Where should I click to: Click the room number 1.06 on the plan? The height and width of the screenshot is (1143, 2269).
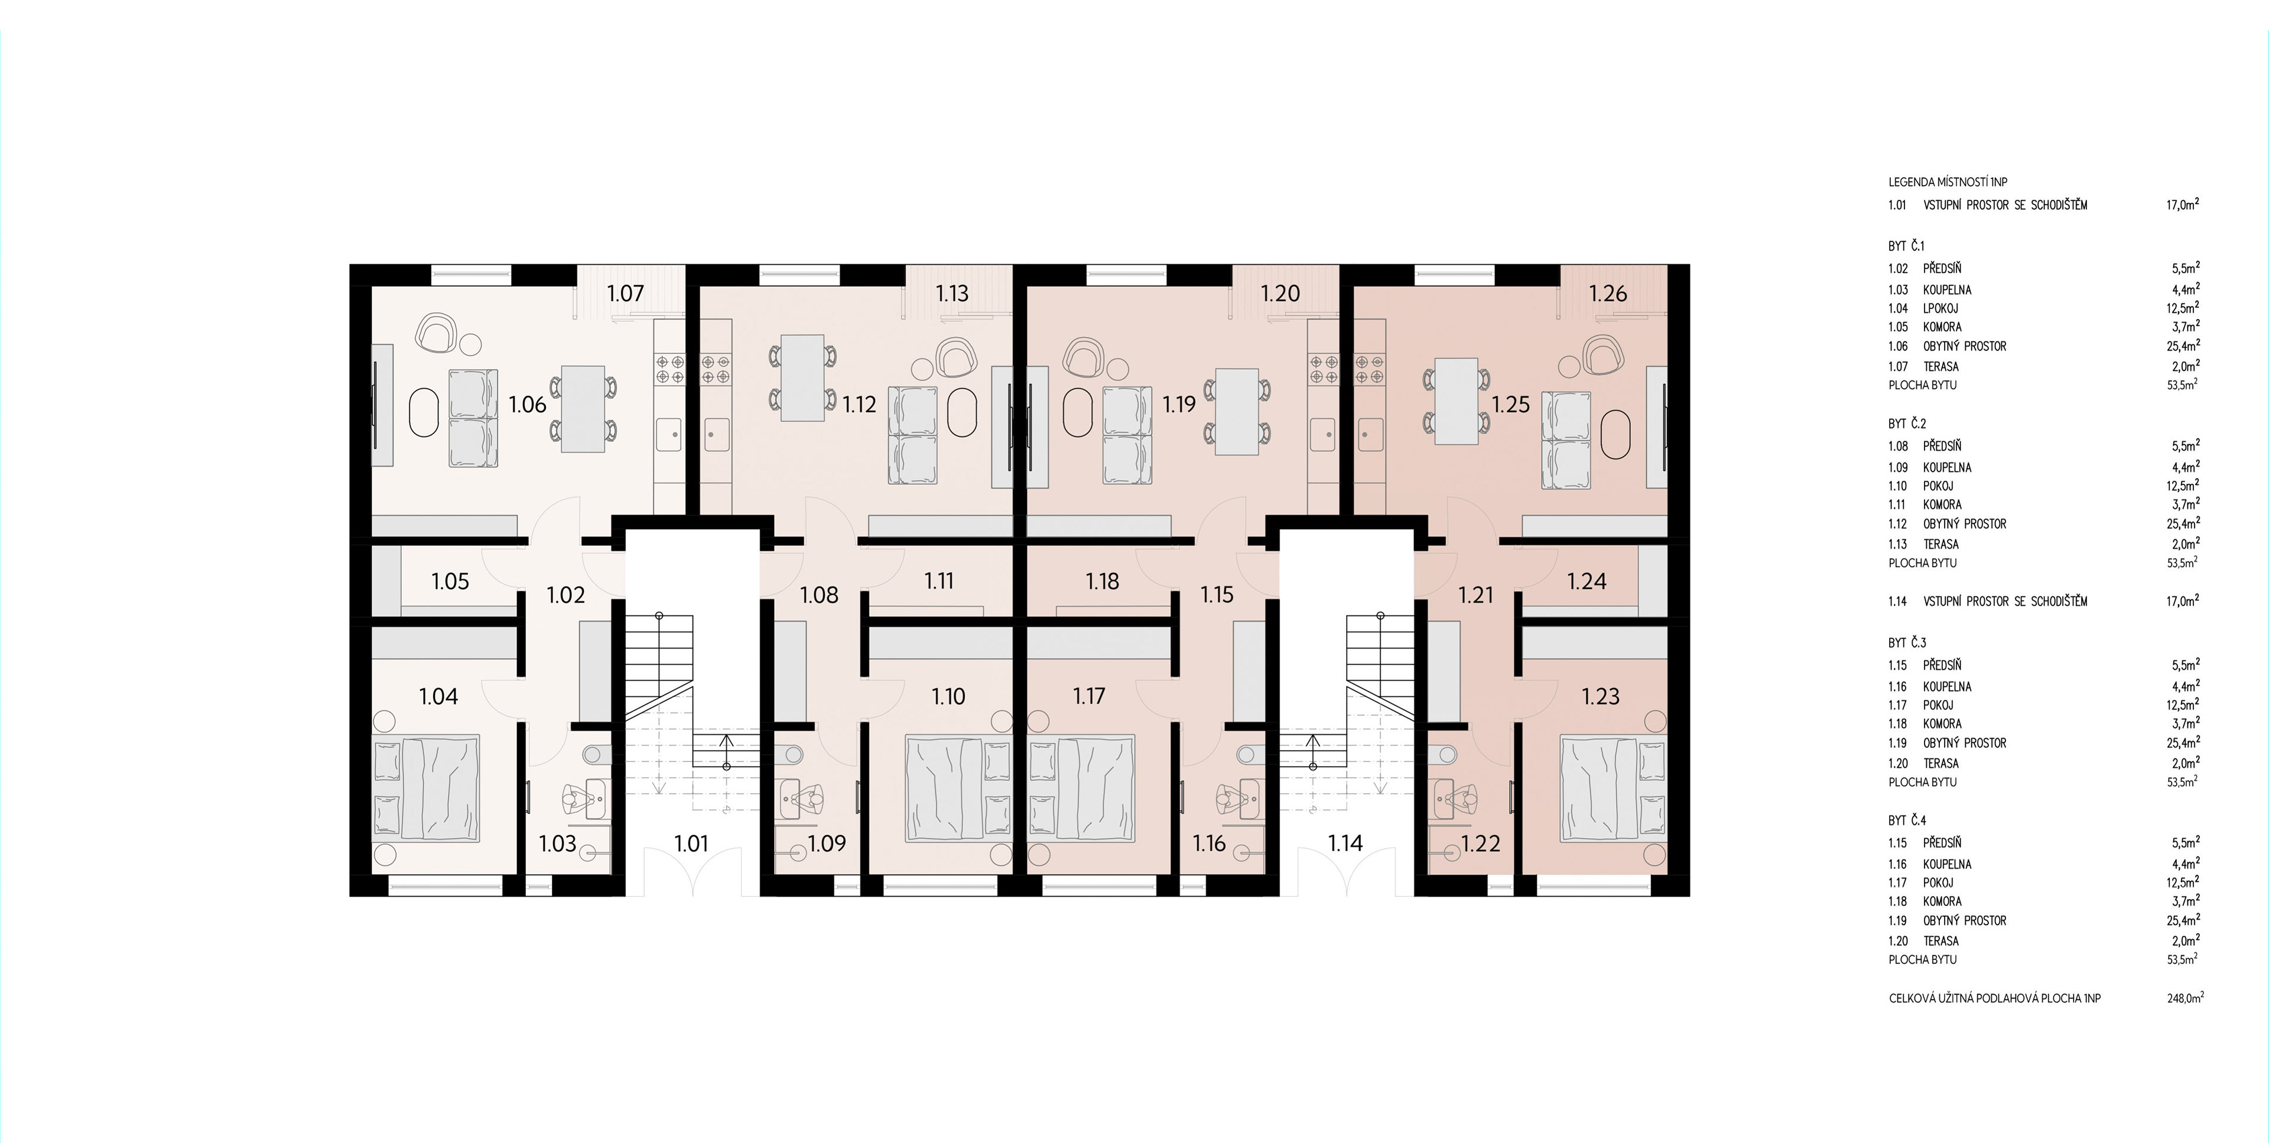[x=528, y=405]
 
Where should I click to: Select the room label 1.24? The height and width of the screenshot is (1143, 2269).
[x=1587, y=581]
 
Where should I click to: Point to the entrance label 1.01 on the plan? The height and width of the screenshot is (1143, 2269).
[x=691, y=844]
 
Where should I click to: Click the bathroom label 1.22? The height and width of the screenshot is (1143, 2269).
[x=1481, y=844]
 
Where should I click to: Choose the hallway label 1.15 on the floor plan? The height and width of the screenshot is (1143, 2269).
[x=1217, y=595]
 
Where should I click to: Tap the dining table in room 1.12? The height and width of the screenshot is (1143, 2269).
[x=802, y=378]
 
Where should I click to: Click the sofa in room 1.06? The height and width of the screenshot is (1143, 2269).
[x=473, y=418]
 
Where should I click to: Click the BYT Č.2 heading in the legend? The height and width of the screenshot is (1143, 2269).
[x=1907, y=424]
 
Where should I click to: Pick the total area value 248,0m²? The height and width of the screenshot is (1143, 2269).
[x=2185, y=998]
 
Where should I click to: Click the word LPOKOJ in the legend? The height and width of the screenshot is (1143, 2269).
[x=1940, y=308]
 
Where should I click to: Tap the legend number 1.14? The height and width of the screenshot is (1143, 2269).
[x=1897, y=601]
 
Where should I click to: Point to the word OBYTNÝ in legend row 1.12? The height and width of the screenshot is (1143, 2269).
[x=1941, y=524]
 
